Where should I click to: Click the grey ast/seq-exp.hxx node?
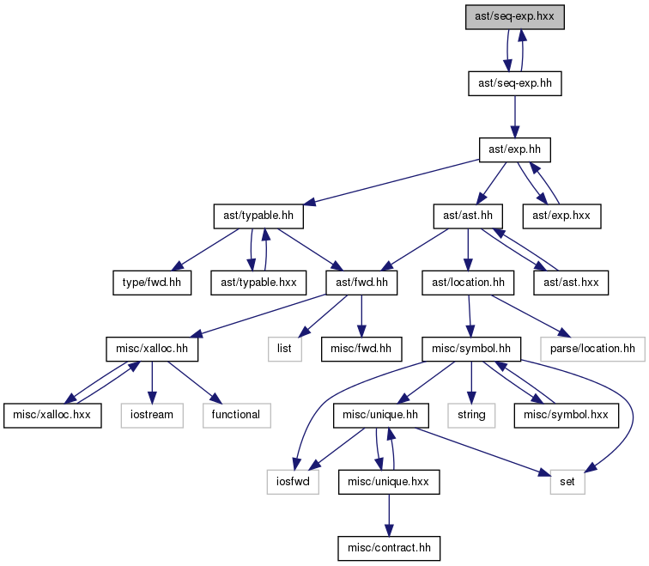click(514, 17)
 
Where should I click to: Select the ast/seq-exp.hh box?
click(515, 83)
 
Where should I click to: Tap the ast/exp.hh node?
click(515, 150)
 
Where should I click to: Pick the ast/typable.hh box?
click(258, 216)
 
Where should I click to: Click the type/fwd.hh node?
click(152, 283)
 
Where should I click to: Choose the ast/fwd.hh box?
click(361, 283)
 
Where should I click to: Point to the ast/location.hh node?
click(468, 283)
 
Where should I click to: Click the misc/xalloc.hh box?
click(152, 349)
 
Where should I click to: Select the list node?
click(285, 349)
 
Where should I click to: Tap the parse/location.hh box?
click(592, 349)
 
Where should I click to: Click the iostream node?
click(152, 416)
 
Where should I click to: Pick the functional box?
click(237, 416)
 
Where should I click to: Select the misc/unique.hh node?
click(381, 416)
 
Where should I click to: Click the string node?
click(471, 416)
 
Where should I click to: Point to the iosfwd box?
click(293, 482)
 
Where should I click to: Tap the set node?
click(567, 482)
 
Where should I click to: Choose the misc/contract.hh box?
click(389, 549)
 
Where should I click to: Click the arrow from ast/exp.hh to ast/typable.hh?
click(391, 182)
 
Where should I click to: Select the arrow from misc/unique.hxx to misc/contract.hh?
click(389, 515)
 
